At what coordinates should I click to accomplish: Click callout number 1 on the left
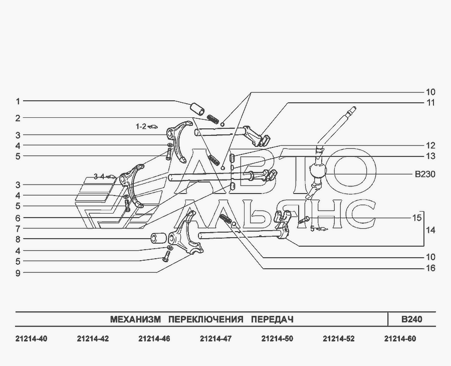pyautogui.click(x=18, y=102)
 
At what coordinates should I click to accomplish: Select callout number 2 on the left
pyautogui.click(x=18, y=118)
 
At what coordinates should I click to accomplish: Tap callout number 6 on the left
pyautogui.click(x=18, y=219)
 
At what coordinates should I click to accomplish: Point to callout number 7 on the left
pyautogui.click(x=18, y=229)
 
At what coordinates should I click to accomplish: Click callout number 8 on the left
pyautogui.click(x=18, y=239)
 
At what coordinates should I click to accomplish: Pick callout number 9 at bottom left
pyautogui.click(x=18, y=273)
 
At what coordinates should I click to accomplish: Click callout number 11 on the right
pyautogui.click(x=430, y=103)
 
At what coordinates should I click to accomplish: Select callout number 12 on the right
pyautogui.click(x=430, y=145)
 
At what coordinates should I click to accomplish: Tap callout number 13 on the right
pyautogui.click(x=430, y=156)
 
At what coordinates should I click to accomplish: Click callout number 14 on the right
pyautogui.click(x=430, y=231)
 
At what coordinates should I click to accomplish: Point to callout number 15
pyautogui.click(x=417, y=218)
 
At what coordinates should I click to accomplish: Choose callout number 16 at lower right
pyautogui.click(x=430, y=268)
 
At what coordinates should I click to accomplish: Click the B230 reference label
pyautogui.click(x=425, y=174)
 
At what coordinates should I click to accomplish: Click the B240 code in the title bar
pyautogui.click(x=412, y=319)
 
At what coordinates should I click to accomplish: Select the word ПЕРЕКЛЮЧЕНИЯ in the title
pyautogui.click(x=205, y=319)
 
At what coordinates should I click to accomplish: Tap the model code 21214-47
pyautogui.click(x=215, y=339)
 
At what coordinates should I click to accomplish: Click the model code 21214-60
pyautogui.click(x=400, y=339)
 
